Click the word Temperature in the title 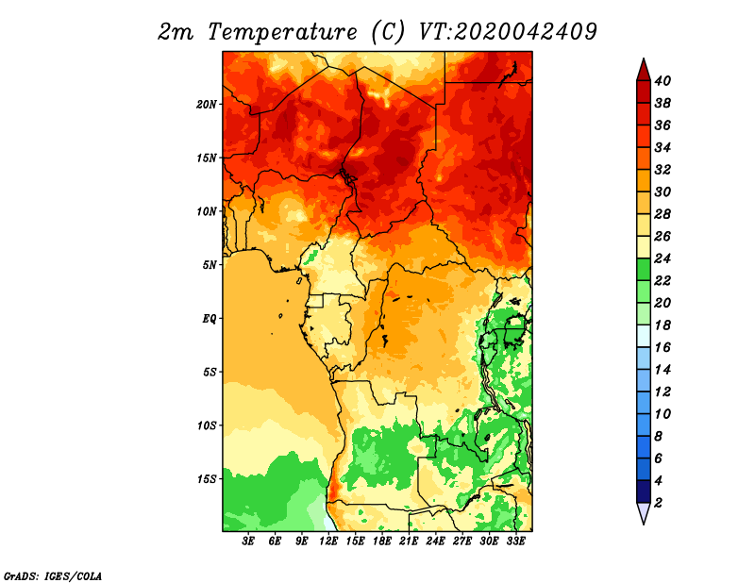[x=282, y=32]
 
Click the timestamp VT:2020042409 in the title [x=508, y=32]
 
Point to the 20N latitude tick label [x=207, y=105]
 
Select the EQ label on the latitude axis [x=210, y=319]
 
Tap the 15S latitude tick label [x=207, y=479]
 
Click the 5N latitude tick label [x=210, y=265]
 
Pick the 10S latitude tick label [x=207, y=425]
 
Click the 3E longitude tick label [x=248, y=541]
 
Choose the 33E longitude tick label [x=515, y=541]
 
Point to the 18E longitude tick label [x=382, y=541]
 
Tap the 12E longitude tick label [x=328, y=541]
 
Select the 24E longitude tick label [x=435, y=541]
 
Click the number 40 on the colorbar [x=663, y=81]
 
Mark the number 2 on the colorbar [x=658, y=503]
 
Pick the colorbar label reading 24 [x=663, y=258]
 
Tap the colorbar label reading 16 [x=663, y=347]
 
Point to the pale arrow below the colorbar [x=644, y=511]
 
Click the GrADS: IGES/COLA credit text [x=53, y=575]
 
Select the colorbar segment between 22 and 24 [x=644, y=270]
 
